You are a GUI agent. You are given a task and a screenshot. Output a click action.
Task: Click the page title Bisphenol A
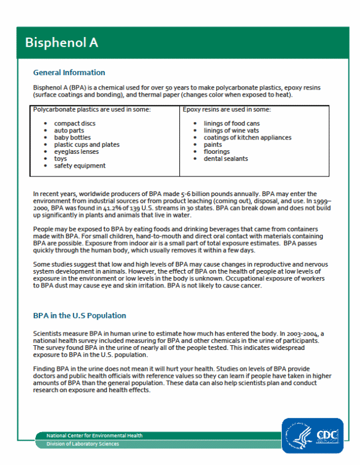[61, 43]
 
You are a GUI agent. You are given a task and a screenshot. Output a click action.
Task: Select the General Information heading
[69, 73]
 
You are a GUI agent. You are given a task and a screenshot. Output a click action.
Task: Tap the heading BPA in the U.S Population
[79, 316]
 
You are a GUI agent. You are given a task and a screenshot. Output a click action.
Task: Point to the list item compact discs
[75, 124]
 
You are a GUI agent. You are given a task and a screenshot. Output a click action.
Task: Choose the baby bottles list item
[72, 138]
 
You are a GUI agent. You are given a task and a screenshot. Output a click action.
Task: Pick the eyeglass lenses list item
[76, 152]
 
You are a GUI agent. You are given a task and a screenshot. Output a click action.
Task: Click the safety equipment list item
[80, 166]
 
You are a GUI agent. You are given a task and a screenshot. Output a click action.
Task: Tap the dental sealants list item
[226, 158]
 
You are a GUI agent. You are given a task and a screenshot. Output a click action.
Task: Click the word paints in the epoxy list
[213, 145]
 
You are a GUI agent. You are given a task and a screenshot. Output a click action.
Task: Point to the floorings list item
[216, 152]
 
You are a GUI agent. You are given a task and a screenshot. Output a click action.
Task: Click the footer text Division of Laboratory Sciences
[83, 444]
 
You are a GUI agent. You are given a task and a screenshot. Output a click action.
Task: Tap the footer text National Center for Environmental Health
[95, 436]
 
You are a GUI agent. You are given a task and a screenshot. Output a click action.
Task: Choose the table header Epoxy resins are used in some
[226, 109]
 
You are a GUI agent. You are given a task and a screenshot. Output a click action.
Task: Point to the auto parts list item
[69, 131]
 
